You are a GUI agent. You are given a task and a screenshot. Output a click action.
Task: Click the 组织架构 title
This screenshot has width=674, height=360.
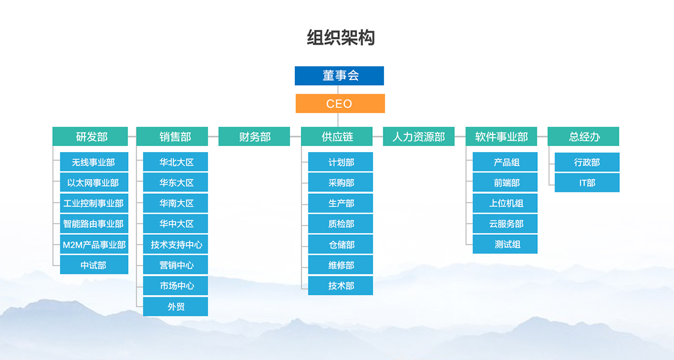[341, 38]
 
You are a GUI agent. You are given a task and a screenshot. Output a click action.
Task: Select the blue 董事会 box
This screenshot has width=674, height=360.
[339, 76]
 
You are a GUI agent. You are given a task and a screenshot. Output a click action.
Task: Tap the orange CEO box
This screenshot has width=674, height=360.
[340, 104]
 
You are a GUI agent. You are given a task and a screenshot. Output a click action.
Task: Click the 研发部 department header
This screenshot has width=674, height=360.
[90, 136]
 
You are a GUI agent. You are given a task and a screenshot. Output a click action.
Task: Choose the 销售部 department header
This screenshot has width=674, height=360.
[172, 136]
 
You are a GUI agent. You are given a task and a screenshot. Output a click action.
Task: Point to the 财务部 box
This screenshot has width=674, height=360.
[254, 136]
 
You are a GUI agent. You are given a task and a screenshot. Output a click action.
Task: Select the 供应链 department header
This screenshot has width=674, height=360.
[336, 136]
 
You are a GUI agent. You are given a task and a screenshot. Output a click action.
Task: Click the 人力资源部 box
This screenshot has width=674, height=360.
[419, 136]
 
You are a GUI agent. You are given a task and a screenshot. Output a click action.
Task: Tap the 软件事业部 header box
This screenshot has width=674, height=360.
[501, 136]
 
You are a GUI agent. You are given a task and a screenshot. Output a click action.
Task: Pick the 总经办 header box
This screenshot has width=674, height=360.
[584, 136]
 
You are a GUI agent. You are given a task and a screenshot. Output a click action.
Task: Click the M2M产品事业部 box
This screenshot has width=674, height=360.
[94, 244]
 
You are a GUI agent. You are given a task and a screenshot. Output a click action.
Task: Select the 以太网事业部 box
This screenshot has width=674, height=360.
[94, 183]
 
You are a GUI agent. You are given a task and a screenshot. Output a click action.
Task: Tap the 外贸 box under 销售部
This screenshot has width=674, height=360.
[176, 307]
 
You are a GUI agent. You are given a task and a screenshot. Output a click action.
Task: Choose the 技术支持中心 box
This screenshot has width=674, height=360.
[176, 244]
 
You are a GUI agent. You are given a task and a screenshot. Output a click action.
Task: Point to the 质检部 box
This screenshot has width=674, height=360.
[341, 224]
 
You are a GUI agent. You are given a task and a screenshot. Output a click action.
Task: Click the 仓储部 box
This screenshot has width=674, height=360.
[341, 244]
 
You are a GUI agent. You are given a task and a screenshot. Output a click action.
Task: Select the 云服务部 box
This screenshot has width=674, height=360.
[505, 224]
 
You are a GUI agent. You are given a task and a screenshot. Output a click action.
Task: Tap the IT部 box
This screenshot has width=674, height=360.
[587, 183]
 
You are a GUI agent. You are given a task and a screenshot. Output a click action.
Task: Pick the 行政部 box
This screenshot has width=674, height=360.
[587, 162]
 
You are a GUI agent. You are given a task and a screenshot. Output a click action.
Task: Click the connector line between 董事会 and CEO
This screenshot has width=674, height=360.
[338, 89]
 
